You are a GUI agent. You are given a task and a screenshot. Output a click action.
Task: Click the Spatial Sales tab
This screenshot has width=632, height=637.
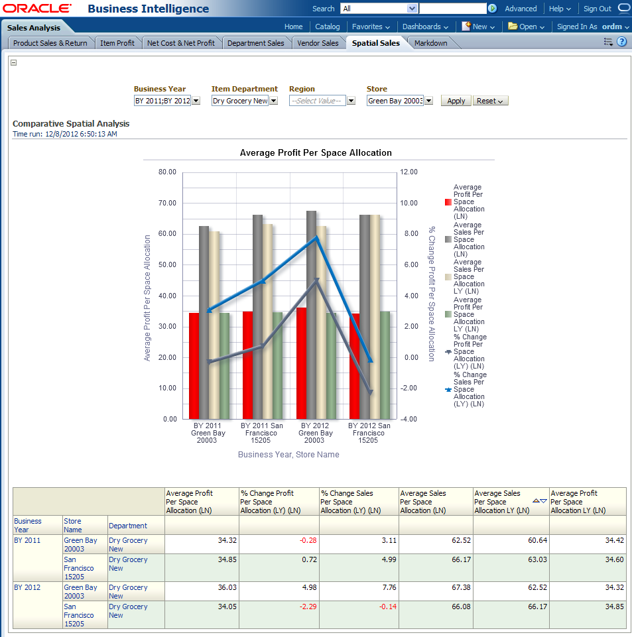pos(376,43)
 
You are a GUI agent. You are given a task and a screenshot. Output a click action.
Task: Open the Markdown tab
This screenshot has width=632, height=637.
pos(431,43)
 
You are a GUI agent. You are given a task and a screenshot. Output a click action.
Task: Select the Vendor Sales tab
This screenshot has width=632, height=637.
pos(318,43)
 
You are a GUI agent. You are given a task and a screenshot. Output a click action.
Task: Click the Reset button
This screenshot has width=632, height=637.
pos(490,101)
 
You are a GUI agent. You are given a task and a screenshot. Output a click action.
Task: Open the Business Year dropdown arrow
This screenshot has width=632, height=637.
pos(196,101)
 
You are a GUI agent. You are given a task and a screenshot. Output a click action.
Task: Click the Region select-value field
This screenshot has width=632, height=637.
pos(318,101)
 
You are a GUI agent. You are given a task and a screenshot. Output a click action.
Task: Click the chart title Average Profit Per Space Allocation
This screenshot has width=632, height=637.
pos(316,153)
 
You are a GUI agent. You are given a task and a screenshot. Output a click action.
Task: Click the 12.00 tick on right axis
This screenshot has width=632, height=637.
pos(409,172)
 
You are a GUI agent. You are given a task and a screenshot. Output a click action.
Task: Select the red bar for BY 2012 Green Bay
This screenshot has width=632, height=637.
pos(301,363)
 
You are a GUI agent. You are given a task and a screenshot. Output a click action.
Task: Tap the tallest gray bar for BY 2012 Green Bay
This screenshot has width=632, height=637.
pos(311,315)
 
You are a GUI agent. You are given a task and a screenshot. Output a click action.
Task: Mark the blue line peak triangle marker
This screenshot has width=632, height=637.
pos(317,238)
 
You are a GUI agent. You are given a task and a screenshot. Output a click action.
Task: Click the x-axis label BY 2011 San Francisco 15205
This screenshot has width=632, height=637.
pos(261,433)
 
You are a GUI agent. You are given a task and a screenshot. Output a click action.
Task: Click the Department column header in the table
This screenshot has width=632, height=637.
pos(128,526)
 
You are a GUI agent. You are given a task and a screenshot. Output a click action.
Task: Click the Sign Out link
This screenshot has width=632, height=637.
pos(597,9)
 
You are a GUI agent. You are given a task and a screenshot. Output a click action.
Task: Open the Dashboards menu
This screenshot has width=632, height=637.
pos(425,27)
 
